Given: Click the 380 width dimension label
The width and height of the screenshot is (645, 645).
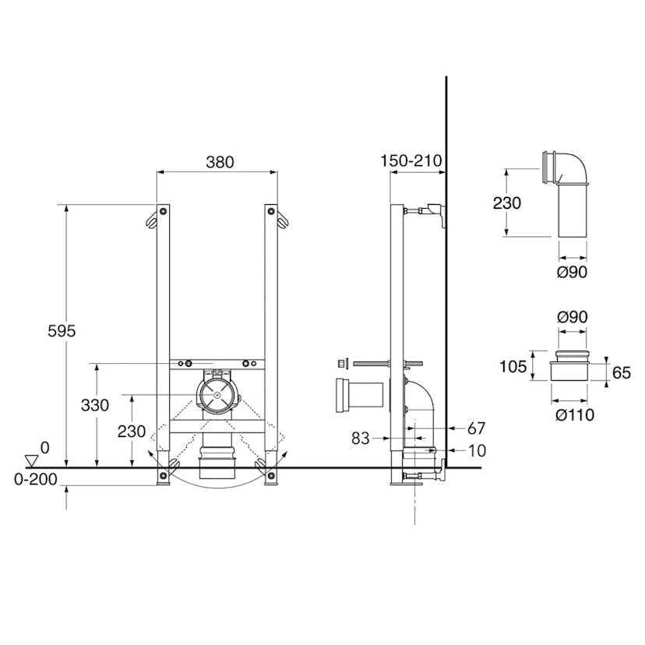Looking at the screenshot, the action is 220,162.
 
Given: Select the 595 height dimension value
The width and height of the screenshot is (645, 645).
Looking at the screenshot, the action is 62,331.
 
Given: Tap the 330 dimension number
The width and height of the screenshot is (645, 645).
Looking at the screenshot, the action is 95,405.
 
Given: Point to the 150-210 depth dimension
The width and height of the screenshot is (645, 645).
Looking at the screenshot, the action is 411,160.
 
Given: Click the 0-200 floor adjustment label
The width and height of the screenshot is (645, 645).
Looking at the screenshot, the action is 36,479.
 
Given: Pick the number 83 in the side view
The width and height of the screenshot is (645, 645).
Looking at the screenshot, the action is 361,439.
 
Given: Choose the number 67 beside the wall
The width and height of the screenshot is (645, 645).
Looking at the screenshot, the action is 476,428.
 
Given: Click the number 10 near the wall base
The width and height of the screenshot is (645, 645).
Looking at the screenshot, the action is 478,451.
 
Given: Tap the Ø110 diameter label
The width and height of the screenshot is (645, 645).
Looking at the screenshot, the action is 575,414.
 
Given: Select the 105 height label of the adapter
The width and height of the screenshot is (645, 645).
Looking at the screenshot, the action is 513,366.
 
